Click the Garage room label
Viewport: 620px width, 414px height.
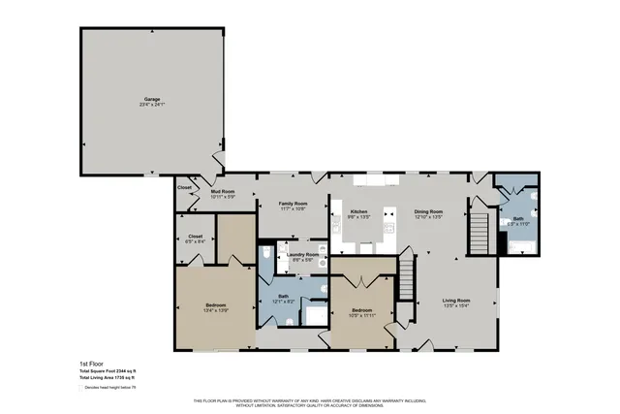point(152,99)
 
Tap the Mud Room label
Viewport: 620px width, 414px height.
point(224,192)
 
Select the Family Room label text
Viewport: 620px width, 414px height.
point(293,205)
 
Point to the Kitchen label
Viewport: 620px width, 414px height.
point(358,211)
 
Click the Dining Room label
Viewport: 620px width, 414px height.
point(428,211)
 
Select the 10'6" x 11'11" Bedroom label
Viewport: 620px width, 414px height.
point(362,311)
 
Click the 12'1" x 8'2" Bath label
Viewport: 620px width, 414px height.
point(283,297)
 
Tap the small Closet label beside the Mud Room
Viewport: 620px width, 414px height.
point(184,187)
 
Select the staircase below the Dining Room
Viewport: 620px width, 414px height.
point(408,279)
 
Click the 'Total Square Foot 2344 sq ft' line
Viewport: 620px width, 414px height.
point(108,371)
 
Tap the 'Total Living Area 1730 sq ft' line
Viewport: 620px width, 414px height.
point(107,378)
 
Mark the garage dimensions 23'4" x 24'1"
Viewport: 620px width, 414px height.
point(152,105)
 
